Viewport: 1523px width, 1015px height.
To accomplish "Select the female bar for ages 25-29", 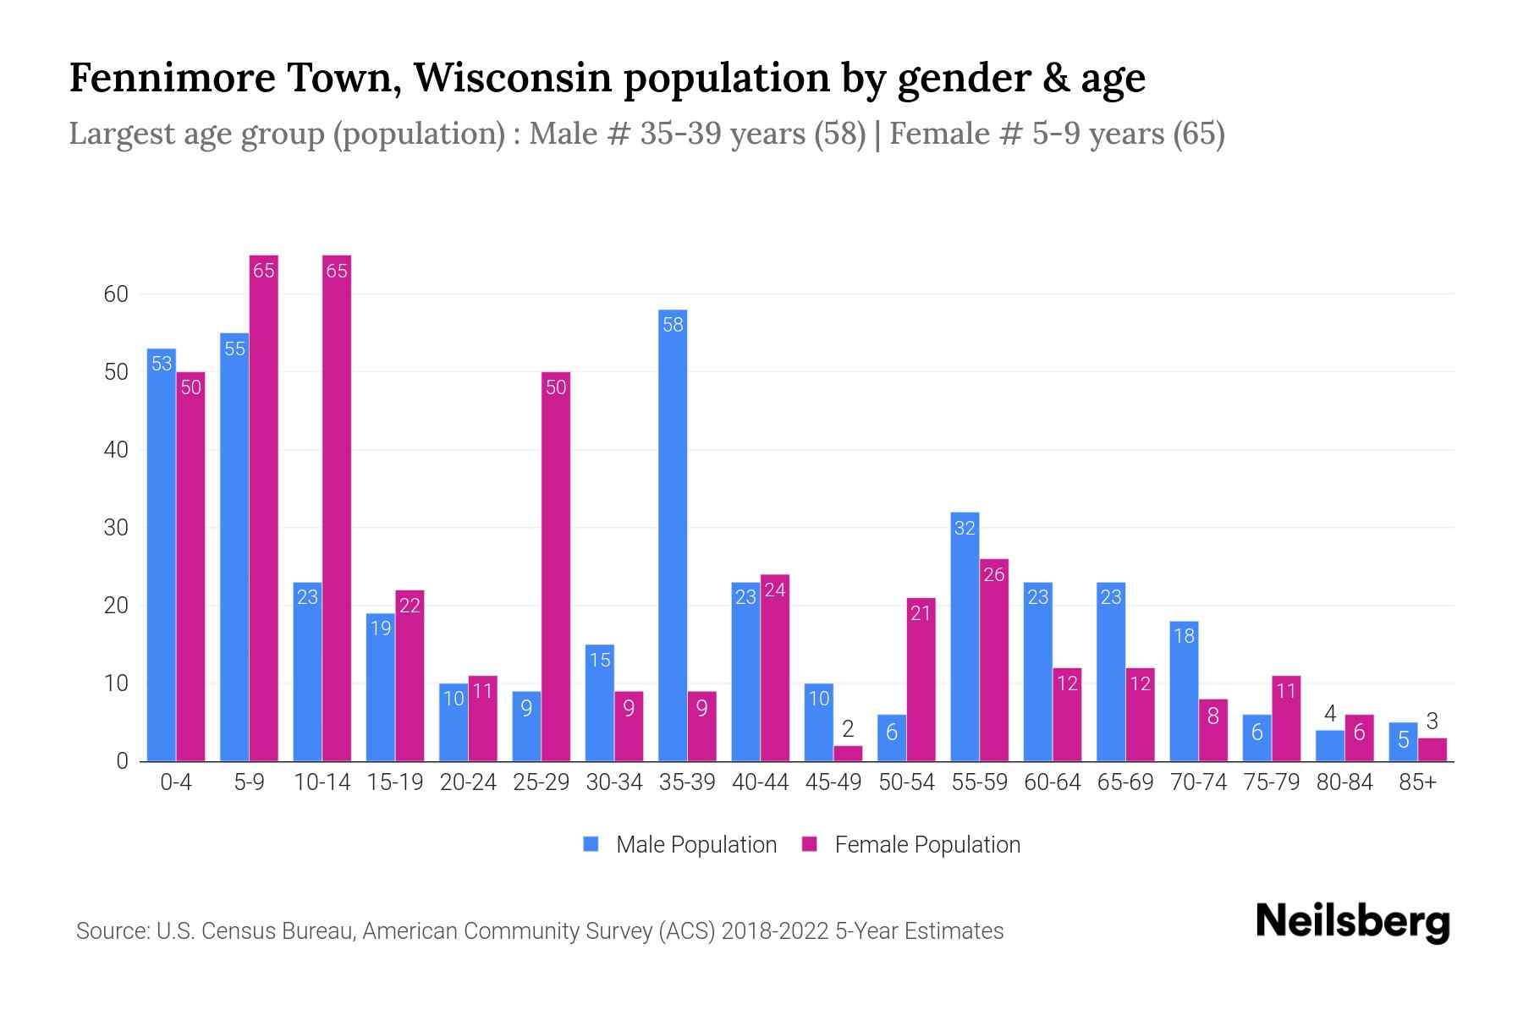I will pyautogui.click(x=556, y=567).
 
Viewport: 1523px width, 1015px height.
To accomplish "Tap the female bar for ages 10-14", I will pyautogui.click(x=337, y=507).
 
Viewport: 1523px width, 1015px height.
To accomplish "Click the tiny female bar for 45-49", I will pyautogui.click(x=848, y=754).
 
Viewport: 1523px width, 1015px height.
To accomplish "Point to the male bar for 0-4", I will pyautogui.click(x=162, y=555).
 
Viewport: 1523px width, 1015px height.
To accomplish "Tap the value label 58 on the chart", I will pyautogui.click(x=673, y=325).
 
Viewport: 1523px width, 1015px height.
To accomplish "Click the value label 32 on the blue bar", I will pyautogui.click(x=965, y=529).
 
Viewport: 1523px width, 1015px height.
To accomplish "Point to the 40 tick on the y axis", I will pyautogui.click(x=116, y=450).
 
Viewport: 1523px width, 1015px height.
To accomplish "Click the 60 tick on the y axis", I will pyautogui.click(x=116, y=294).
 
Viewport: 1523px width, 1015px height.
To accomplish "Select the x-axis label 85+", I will pyautogui.click(x=1417, y=782).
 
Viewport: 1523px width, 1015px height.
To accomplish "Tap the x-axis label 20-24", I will pyautogui.click(x=468, y=782).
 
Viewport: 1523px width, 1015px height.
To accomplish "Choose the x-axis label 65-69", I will pyautogui.click(x=1125, y=782).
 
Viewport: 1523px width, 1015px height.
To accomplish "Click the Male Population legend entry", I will pyautogui.click(x=680, y=844).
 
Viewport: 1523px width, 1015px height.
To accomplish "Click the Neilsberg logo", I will pyautogui.click(x=1352, y=922).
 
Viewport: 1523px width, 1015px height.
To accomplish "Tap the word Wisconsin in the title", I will pyautogui.click(x=513, y=78).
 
